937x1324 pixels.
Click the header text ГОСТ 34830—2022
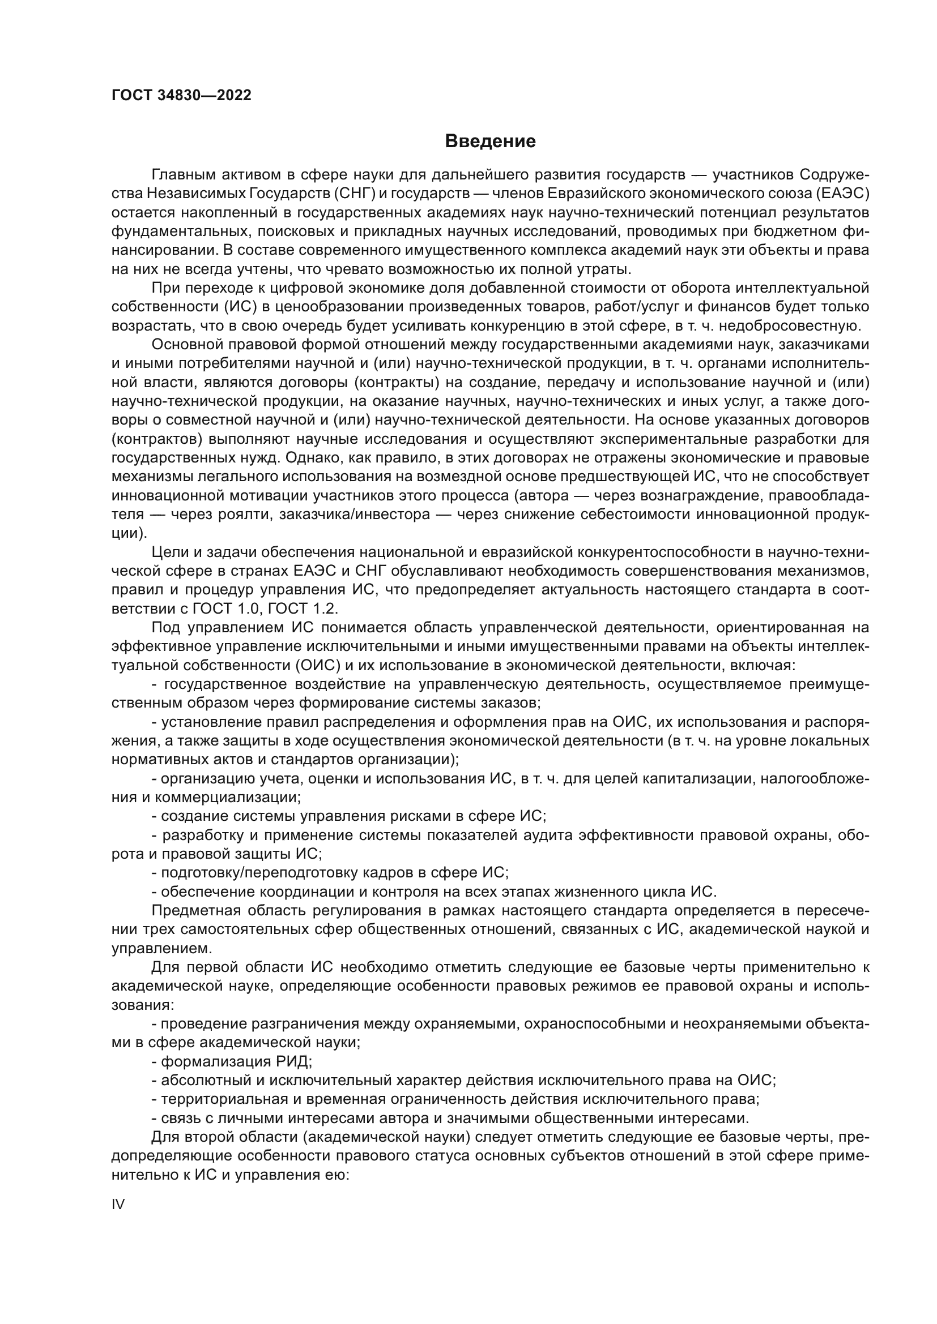tap(181, 96)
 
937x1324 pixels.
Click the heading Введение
tap(490, 142)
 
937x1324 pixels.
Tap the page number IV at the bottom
tap(118, 1204)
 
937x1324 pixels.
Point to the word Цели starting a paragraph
tap(168, 552)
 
